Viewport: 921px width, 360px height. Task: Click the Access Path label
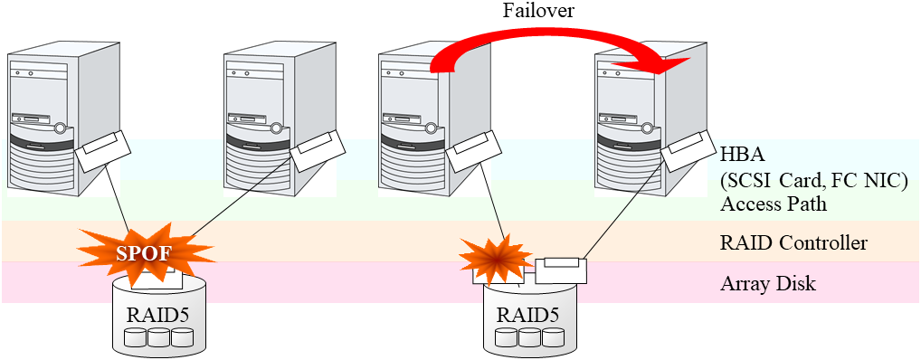(774, 204)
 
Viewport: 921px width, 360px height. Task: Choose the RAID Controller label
(793, 243)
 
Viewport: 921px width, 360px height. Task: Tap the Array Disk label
(768, 284)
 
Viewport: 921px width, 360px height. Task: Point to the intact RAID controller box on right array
(560, 270)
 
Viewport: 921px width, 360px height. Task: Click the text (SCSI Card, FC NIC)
(814, 179)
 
